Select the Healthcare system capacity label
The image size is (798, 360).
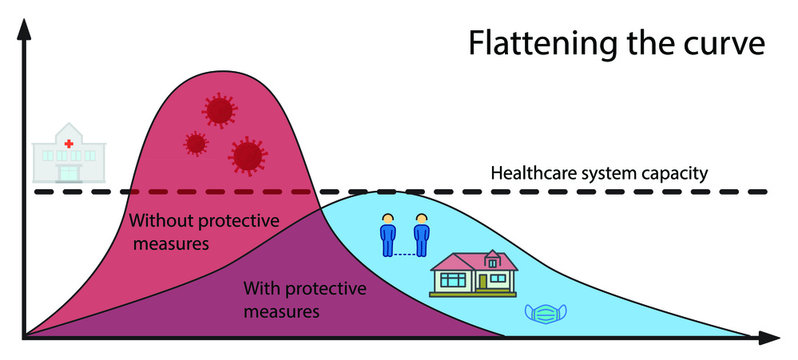[599, 173]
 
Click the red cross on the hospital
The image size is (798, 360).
[69, 141]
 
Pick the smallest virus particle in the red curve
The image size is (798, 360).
[196, 143]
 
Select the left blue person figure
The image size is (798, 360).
[389, 235]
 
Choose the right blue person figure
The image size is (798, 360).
[421, 235]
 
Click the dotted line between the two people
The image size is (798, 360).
[405, 254]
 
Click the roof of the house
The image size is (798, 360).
[472, 260]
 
